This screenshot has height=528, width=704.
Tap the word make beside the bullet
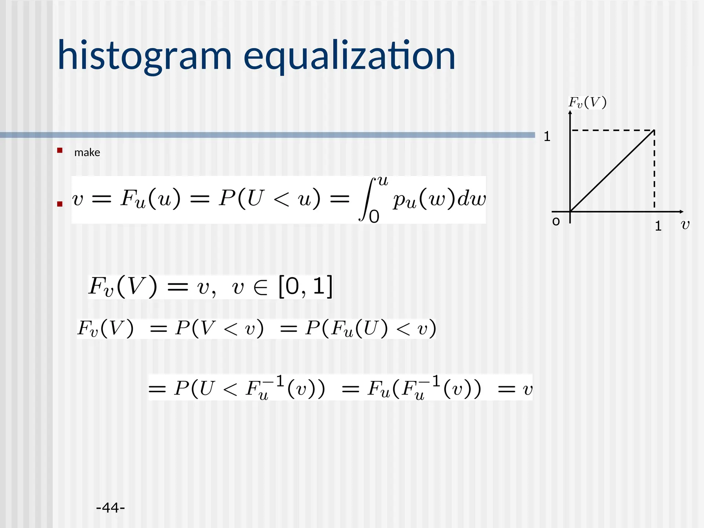click(87, 152)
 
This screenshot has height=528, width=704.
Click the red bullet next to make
click(60, 150)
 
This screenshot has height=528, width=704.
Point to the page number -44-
click(110, 507)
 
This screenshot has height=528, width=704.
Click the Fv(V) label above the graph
click(587, 102)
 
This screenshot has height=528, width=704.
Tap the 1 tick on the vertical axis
click(547, 137)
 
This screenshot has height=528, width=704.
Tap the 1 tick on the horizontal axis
click(658, 226)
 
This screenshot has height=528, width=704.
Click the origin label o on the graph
click(556, 222)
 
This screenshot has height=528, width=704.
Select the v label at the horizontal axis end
click(685, 225)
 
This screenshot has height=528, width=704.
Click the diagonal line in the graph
click(612, 171)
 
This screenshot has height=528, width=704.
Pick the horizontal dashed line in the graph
click(612, 131)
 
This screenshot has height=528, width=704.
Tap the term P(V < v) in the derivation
click(219, 328)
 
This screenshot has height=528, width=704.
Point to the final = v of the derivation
click(516, 389)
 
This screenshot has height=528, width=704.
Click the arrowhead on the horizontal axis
click(681, 212)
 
